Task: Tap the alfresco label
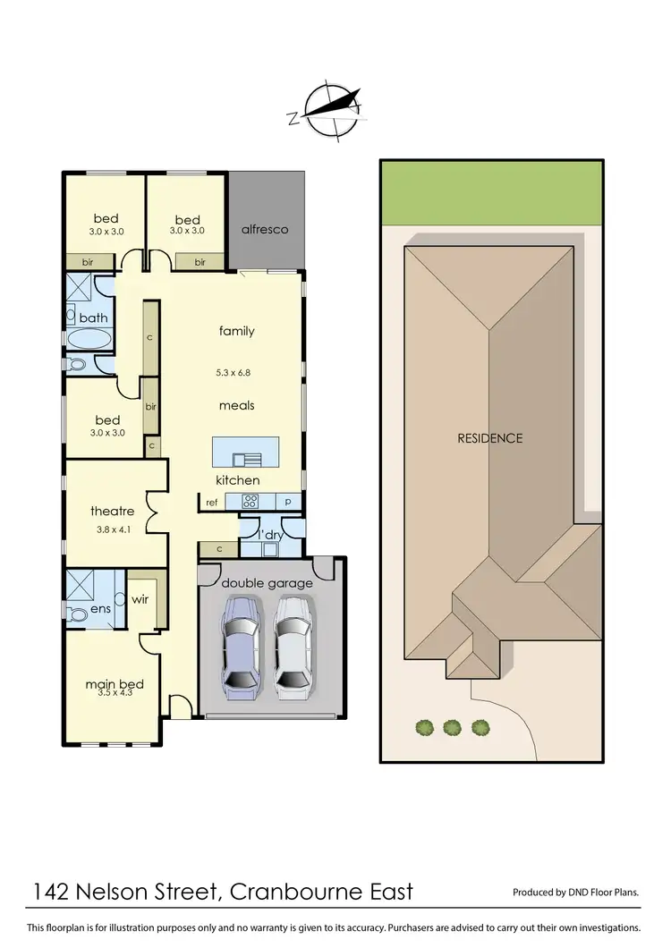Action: tap(265, 229)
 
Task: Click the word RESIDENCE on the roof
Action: tap(489, 438)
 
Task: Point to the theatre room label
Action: tap(113, 512)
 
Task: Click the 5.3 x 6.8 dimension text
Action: tap(237, 372)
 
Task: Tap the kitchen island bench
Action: tap(245, 451)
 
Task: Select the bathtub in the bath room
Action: tap(89, 339)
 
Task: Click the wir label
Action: tap(140, 600)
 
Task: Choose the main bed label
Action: tap(115, 685)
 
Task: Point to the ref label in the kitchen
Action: tap(212, 503)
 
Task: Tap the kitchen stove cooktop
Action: tap(250, 502)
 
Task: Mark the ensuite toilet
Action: tap(77, 615)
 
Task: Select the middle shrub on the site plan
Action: tap(452, 727)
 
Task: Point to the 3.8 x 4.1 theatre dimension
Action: tap(113, 529)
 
